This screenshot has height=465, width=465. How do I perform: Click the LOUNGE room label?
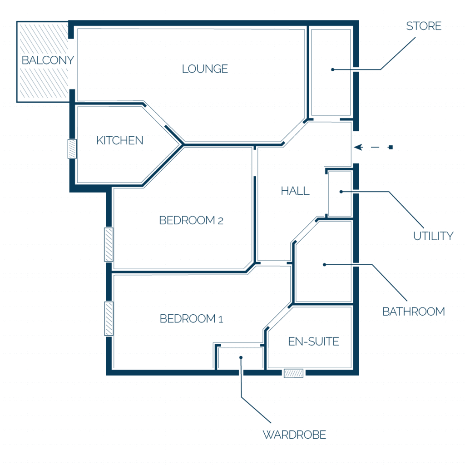pyautogui.click(x=205, y=69)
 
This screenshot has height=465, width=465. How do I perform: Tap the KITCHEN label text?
pyautogui.click(x=120, y=140)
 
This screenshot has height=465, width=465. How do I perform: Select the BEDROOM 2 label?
pyautogui.click(x=191, y=220)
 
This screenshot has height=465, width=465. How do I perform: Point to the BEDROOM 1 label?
pyautogui.click(x=191, y=319)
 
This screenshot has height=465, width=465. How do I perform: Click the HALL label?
pyautogui.click(x=295, y=191)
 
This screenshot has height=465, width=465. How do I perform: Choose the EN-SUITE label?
pyautogui.click(x=313, y=341)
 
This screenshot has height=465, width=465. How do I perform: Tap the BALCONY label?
pyautogui.click(x=48, y=60)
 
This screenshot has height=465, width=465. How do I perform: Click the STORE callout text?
pyautogui.click(x=424, y=26)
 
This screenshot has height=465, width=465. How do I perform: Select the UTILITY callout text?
pyautogui.click(x=433, y=236)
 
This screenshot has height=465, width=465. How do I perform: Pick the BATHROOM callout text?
pyautogui.click(x=414, y=312)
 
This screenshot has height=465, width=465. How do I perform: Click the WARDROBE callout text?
pyautogui.click(x=294, y=435)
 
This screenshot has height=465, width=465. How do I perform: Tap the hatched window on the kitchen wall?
pyautogui.click(x=72, y=149)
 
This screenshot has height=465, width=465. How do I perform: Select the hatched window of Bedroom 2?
pyautogui.click(x=109, y=245)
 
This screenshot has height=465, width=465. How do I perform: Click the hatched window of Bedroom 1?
pyautogui.click(x=109, y=318)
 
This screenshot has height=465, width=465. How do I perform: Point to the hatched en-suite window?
pyautogui.click(x=294, y=373)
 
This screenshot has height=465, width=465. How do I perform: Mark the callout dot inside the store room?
pyautogui.click(x=333, y=69)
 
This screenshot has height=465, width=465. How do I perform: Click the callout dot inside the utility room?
pyautogui.click(x=341, y=192)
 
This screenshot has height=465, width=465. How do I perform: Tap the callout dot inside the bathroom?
pyautogui.click(x=324, y=265)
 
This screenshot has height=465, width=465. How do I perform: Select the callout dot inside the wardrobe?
pyautogui.click(x=241, y=358)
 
